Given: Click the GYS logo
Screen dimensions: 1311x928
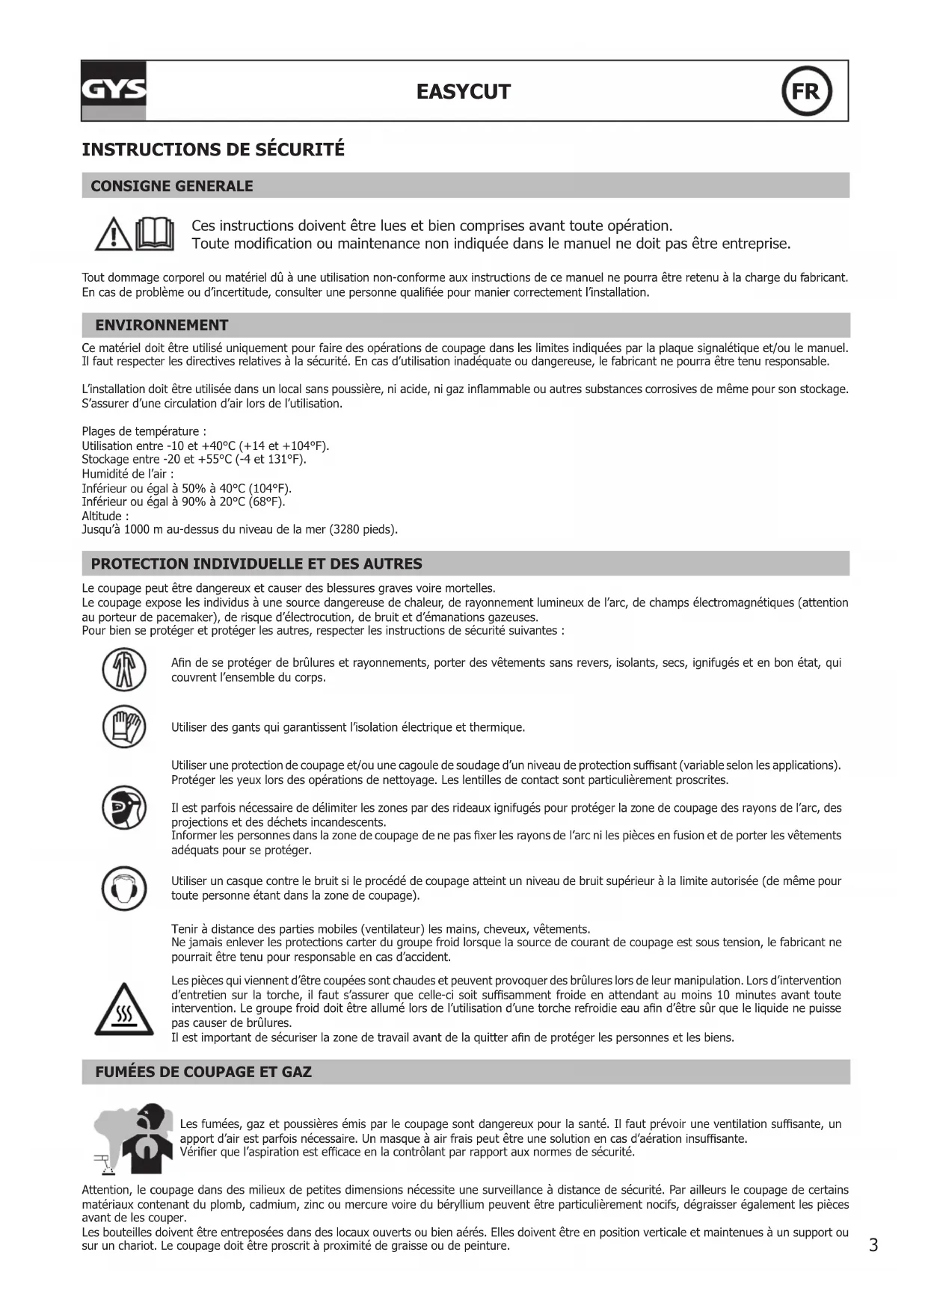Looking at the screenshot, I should pos(114,90).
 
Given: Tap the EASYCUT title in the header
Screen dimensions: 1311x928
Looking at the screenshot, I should pos(463,92).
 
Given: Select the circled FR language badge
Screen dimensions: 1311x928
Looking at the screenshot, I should pos(806,91).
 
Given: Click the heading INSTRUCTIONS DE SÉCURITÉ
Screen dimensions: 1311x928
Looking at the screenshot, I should pos(213,149).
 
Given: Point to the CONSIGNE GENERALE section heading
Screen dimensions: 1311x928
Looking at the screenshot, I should pos(171,186).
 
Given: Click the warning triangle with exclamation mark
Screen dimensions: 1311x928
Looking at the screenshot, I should pos(114,235).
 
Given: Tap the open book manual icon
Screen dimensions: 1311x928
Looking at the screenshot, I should pos(155,234).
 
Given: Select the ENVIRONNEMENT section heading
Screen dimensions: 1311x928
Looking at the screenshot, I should pos(162,325).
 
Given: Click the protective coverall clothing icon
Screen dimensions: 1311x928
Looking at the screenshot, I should pos(123,670).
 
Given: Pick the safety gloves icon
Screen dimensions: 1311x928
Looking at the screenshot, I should pos(123,727).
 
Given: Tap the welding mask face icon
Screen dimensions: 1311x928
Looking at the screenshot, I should pos(123,808).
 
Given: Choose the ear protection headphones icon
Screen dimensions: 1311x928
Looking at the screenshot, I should pos(123,887).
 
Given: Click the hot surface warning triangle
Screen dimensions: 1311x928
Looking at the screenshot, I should pos(123,1011).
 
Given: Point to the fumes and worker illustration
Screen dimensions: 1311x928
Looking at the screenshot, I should pos(132,1138).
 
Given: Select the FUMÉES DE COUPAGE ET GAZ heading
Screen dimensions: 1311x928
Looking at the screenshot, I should pos(203,1072).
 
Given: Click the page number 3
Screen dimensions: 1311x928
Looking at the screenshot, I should pos(873,1244).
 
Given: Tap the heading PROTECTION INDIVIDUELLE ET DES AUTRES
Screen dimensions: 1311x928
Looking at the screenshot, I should pos(256,564).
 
